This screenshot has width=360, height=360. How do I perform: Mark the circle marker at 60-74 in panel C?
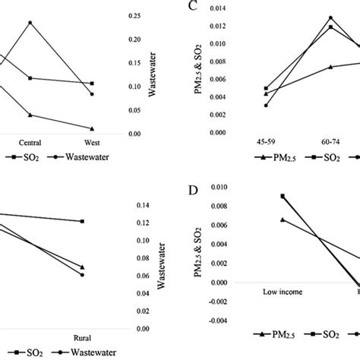click(x=330, y=17)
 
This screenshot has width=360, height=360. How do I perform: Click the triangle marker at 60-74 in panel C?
click(x=330, y=67)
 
